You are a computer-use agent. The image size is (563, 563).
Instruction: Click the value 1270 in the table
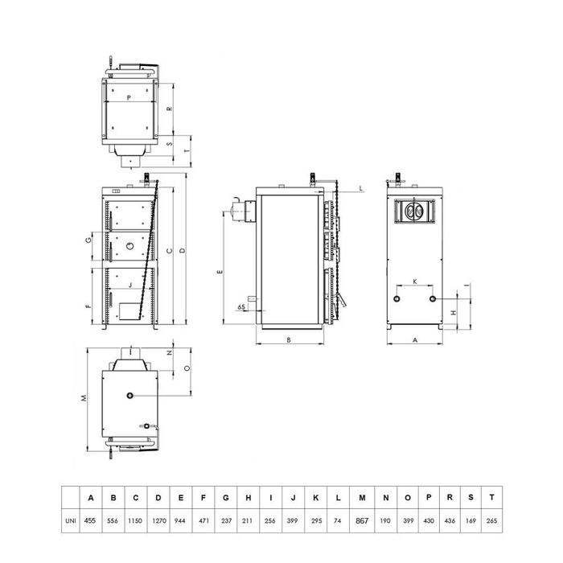pos(158,520)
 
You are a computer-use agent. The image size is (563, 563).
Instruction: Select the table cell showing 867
pos(362,520)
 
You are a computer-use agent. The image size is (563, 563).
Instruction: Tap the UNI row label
pos(71,520)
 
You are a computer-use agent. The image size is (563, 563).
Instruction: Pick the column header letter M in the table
pos(362,498)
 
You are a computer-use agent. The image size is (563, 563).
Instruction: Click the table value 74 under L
pos(338,520)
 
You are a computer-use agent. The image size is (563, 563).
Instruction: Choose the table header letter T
pos(491,497)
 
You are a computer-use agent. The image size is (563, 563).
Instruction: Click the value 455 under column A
pos(90,520)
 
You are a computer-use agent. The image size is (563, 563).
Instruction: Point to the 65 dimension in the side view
pos(241,307)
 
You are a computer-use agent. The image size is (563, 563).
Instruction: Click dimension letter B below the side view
pos(289,339)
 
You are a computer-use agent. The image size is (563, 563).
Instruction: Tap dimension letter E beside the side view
pos(220,272)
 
